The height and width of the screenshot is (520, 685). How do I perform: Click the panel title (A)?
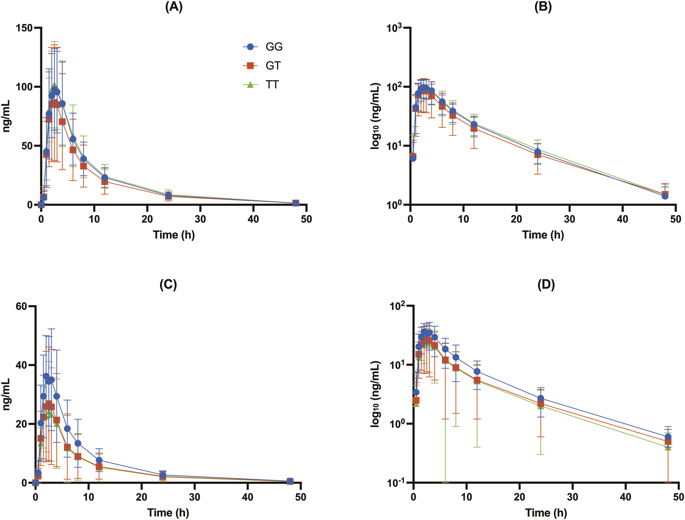(174, 7)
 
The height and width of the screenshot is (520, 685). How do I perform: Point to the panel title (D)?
(546, 285)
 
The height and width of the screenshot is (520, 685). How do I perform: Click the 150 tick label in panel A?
(24, 28)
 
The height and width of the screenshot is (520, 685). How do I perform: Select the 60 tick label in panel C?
(22, 306)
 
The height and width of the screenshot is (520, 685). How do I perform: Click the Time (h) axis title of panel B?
(543, 235)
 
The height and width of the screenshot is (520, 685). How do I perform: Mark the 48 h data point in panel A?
(296, 203)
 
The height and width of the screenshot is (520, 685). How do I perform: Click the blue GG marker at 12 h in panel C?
(99, 460)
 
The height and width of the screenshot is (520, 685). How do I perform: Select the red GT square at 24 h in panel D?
(540, 404)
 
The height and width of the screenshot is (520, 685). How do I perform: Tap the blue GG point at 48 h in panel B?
(665, 196)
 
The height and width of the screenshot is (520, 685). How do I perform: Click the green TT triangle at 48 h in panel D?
(668, 447)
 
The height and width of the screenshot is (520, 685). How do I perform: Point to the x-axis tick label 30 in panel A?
(200, 219)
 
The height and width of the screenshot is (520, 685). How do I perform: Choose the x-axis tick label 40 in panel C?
(247, 497)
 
